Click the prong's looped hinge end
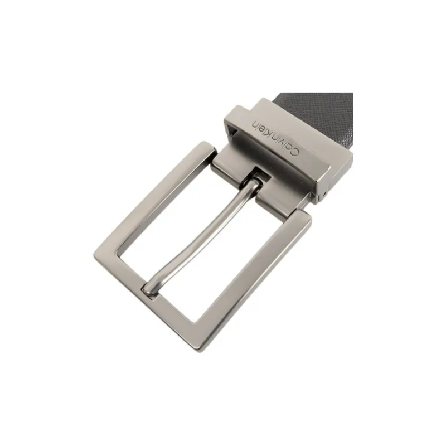(254, 185)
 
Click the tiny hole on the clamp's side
(325, 196)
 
